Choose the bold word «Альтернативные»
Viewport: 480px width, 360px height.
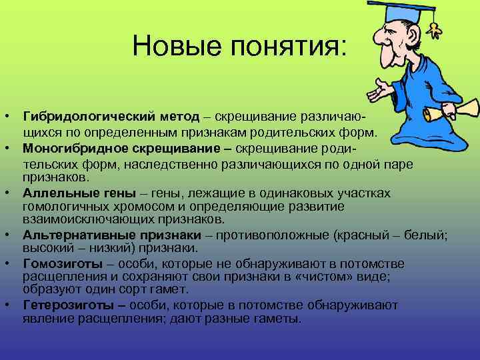coord(74,234)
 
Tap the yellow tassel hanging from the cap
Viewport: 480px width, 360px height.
coord(437,27)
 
